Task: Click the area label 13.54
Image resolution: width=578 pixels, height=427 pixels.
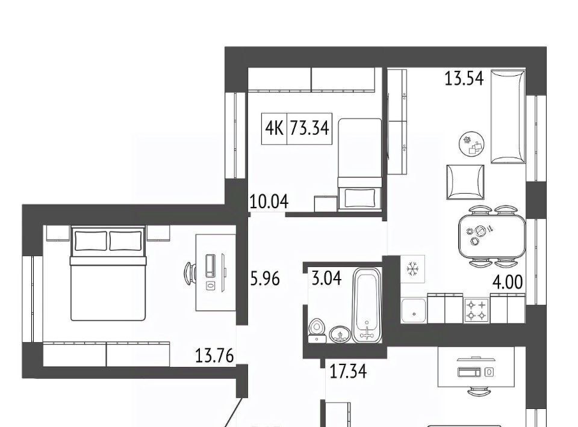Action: (464, 78)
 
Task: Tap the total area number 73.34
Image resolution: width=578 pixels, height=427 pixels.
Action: (309, 129)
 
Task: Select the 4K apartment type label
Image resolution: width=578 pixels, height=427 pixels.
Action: (274, 129)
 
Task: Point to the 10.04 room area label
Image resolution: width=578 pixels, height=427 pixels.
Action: (269, 201)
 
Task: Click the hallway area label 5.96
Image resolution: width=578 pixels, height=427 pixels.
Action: (265, 278)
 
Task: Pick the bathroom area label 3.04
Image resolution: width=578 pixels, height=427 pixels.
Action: (326, 278)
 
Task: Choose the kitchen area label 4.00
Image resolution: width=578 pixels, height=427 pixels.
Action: (508, 282)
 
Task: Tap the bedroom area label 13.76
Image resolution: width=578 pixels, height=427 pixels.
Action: (214, 356)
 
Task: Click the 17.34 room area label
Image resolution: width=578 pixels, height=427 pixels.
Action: (348, 372)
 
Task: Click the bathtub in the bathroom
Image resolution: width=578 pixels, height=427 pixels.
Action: (367, 305)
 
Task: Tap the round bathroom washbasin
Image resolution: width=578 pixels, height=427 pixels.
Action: (340, 334)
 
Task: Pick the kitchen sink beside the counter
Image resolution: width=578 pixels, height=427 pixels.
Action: (414, 311)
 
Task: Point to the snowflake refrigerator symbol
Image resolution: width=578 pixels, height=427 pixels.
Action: (412, 269)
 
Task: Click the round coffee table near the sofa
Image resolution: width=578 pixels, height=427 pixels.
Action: (471, 144)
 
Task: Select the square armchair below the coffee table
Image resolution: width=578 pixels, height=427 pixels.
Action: (465, 182)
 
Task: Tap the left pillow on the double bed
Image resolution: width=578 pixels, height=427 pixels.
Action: (91, 241)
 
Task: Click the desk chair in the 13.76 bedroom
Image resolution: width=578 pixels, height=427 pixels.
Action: (190, 273)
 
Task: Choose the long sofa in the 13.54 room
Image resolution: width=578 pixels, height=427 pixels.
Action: (508, 117)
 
